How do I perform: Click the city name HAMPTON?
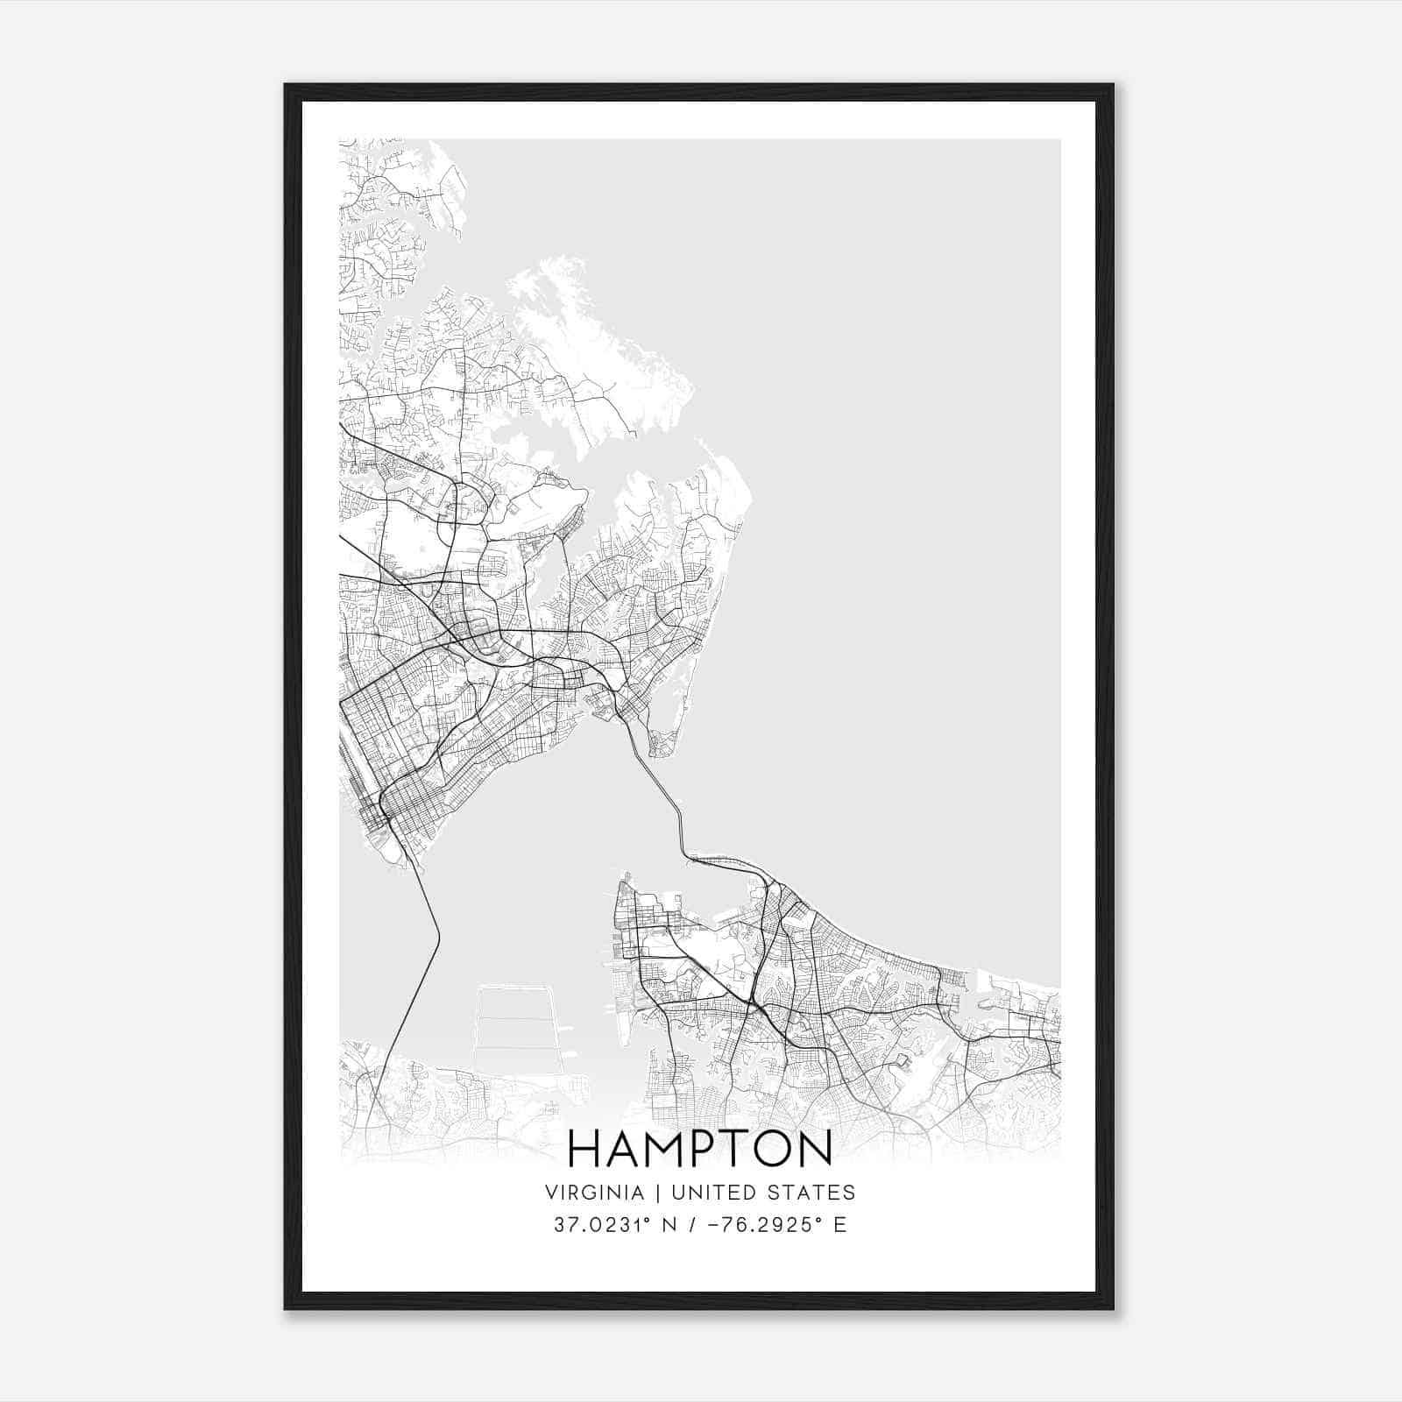point(700,1149)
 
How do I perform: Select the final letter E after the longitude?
point(839,1225)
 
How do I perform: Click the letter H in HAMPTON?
point(584,1149)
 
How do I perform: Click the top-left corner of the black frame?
point(286,86)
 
